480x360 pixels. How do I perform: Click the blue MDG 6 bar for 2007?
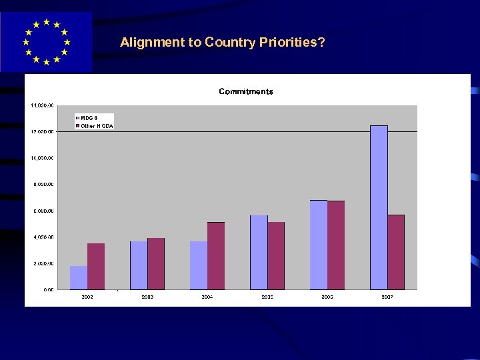tap(379, 207)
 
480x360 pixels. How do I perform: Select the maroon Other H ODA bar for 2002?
tap(96, 266)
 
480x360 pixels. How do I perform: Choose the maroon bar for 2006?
tap(336, 245)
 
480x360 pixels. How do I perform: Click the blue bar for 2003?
tap(139, 265)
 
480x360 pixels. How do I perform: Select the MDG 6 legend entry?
tap(90, 118)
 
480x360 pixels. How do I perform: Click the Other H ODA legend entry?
tap(97, 126)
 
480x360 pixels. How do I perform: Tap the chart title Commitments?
tap(246, 91)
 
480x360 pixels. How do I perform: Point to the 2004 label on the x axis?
tap(207, 296)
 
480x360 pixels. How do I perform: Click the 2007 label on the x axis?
tap(387, 296)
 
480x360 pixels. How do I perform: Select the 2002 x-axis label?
tap(87, 296)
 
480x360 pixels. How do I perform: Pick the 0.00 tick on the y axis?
tap(49, 290)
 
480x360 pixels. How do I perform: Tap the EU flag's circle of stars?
tap(46, 41)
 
